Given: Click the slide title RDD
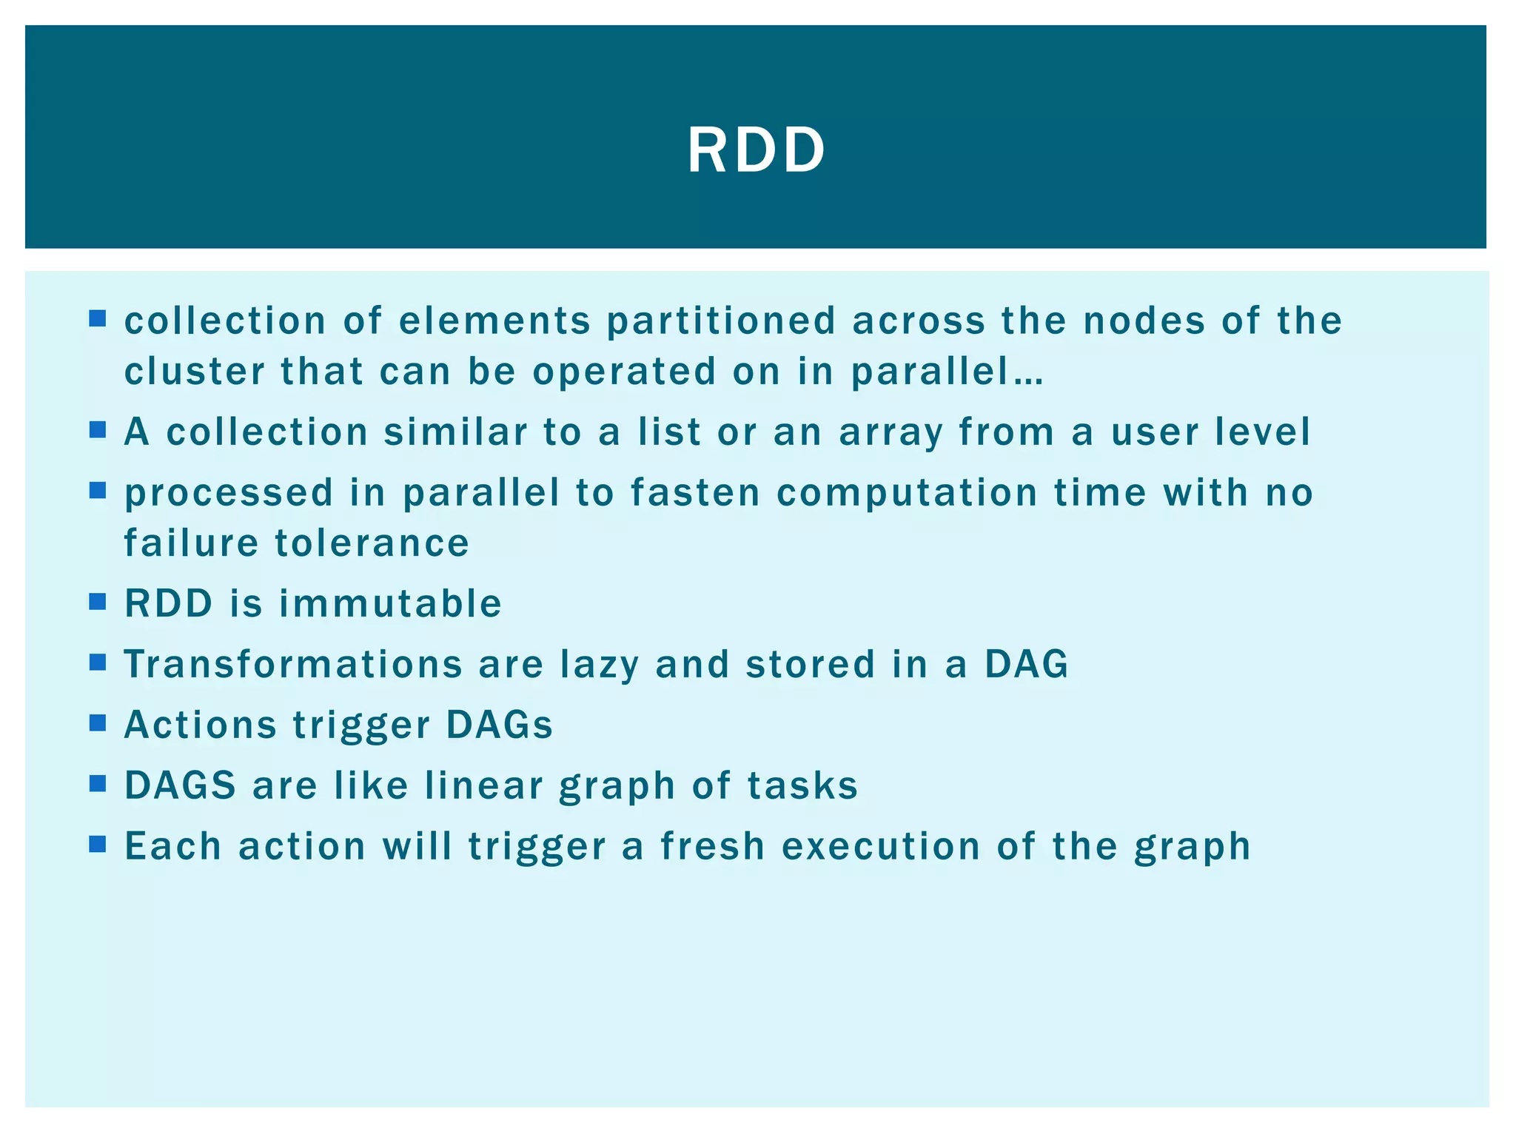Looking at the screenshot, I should click(756, 150).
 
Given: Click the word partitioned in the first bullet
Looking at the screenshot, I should click(721, 321).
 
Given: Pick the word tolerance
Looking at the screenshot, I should click(372, 543).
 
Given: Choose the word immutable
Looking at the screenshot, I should click(390, 603).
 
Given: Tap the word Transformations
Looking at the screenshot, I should click(293, 664).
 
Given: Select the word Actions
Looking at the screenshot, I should click(200, 725).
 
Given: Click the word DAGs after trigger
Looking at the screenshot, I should click(499, 725).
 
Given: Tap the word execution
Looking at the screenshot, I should click(881, 846).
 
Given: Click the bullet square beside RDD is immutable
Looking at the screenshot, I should click(98, 601).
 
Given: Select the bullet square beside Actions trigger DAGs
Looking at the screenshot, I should click(98, 722).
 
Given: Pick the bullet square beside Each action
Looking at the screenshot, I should click(98, 844).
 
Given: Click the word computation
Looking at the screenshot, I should click(907, 494).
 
